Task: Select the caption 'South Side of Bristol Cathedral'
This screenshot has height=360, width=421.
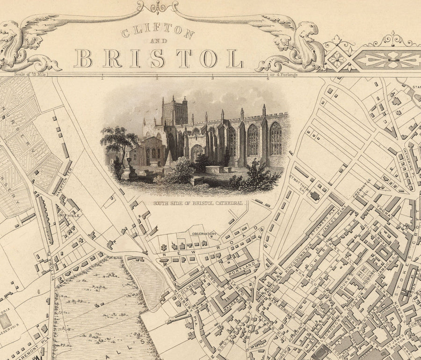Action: [199, 204]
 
